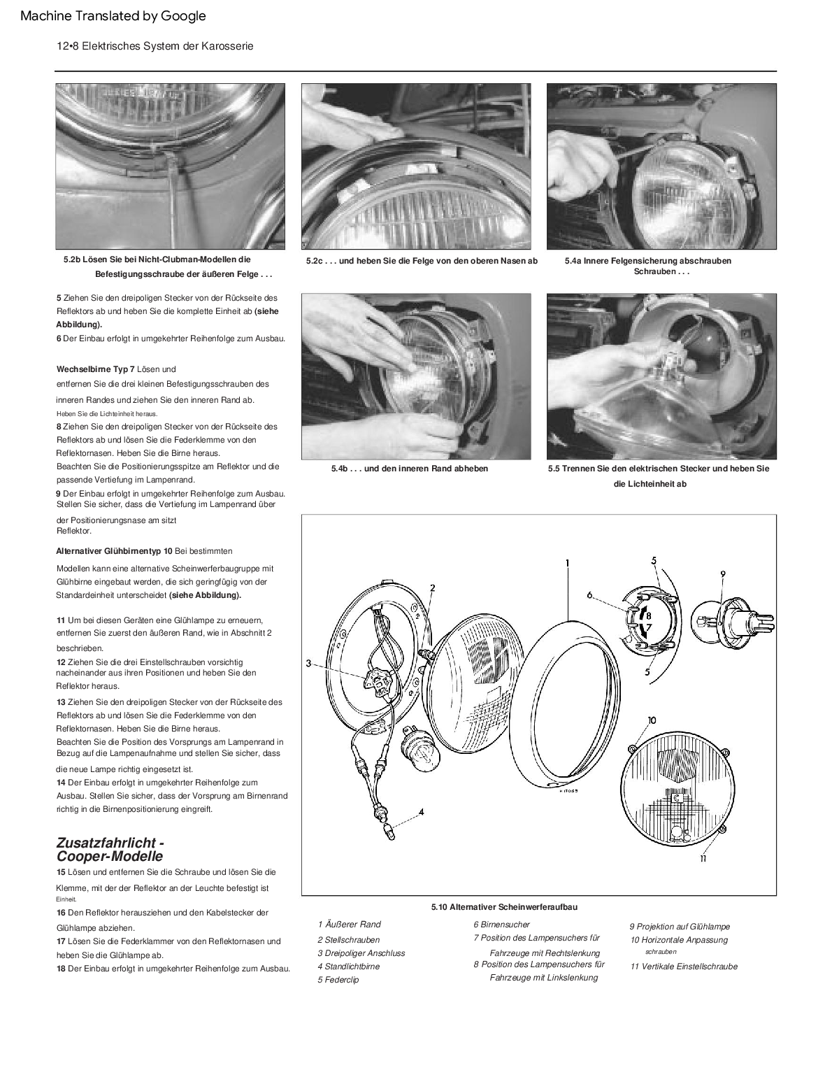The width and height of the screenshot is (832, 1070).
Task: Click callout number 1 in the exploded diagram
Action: tap(567, 563)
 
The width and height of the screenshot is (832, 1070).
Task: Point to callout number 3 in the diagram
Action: tap(308, 663)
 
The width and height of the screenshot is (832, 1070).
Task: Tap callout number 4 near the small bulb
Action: tap(421, 812)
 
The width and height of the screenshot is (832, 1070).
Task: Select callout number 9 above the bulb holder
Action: tap(723, 573)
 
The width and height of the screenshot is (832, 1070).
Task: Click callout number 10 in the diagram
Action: tap(652, 720)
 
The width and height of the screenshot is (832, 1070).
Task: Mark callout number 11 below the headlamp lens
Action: tap(703, 858)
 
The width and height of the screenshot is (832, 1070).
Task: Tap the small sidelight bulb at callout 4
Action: tap(388, 832)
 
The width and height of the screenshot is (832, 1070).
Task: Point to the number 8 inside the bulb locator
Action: tap(648, 615)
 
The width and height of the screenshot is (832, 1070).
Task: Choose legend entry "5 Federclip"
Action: tap(338, 980)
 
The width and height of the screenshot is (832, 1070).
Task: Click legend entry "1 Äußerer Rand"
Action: tap(349, 924)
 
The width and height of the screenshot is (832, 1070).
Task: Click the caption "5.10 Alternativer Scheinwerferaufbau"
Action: tap(504, 907)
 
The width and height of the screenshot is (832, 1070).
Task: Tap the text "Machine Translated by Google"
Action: tap(113, 15)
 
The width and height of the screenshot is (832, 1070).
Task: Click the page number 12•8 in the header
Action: tap(69, 46)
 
